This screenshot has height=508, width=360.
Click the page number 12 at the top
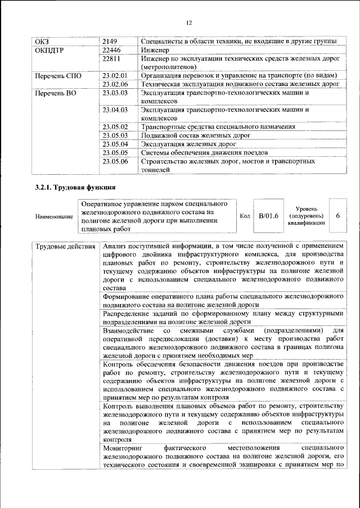click(x=189, y=22)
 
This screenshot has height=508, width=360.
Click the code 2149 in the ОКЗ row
click(x=111, y=41)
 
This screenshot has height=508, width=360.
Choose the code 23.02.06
click(x=116, y=84)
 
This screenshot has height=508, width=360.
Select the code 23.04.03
click(x=116, y=110)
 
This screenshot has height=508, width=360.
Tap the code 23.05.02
click(x=116, y=127)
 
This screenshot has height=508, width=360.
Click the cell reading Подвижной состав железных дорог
click(x=195, y=135)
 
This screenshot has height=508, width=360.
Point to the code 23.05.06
click(x=116, y=161)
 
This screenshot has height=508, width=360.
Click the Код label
click(x=245, y=216)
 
